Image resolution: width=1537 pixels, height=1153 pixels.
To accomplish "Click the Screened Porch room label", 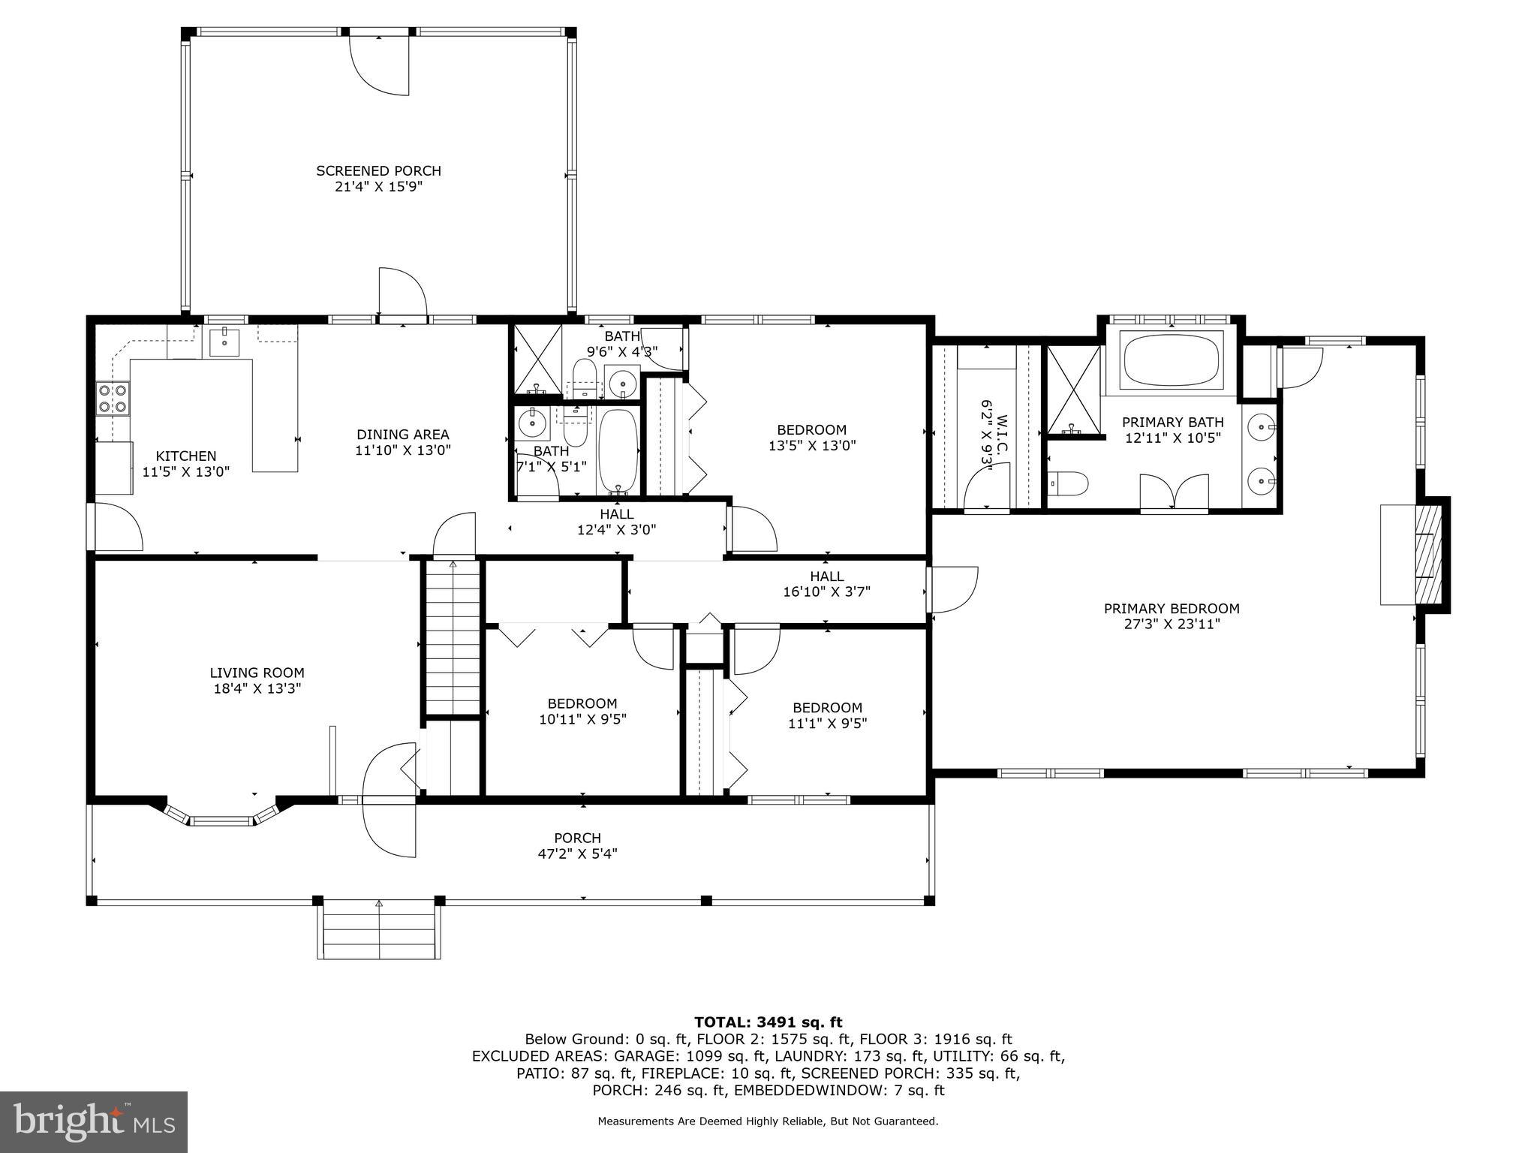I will pyautogui.click(x=378, y=171).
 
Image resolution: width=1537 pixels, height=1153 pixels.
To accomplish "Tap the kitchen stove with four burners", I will pyautogui.click(x=113, y=398).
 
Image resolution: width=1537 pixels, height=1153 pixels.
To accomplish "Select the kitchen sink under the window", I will pyautogui.click(x=223, y=342).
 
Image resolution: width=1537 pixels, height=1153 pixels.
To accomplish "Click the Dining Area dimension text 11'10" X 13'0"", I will pyautogui.click(x=402, y=450).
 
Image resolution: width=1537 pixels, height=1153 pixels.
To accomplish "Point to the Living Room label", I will pyautogui.click(x=257, y=673).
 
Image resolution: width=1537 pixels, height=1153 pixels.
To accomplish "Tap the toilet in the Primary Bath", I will pyautogui.click(x=1067, y=484).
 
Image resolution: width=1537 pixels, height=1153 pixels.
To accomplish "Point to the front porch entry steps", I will pyautogui.click(x=379, y=931).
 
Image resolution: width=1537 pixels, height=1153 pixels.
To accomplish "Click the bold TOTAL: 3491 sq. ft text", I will pyautogui.click(x=768, y=1022).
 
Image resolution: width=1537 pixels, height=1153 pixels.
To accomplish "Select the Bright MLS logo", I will pyautogui.click(x=94, y=1121).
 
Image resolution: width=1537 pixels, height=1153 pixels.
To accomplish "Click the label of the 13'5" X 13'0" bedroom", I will pyautogui.click(x=811, y=430).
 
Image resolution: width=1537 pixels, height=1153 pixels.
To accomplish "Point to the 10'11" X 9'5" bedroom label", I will pyautogui.click(x=582, y=703).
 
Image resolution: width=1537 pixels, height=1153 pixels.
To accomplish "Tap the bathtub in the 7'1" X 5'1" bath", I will pyautogui.click(x=618, y=450).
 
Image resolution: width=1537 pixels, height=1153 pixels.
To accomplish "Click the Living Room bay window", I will pyautogui.click(x=221, y=820).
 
